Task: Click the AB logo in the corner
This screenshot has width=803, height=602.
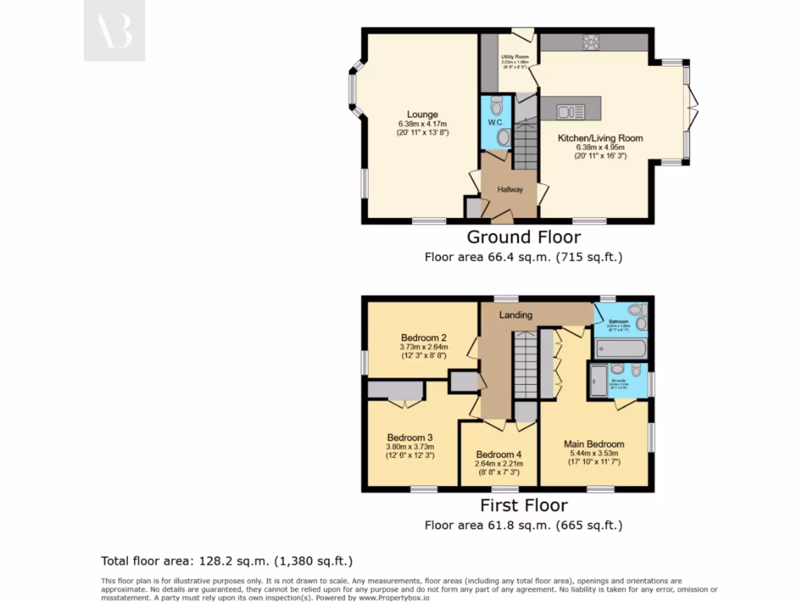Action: click(114, 31)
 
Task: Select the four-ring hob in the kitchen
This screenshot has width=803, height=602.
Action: click(591, 42)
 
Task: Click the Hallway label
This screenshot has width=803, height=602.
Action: click(510, 190)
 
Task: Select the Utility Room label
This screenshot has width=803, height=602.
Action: click(515, 56)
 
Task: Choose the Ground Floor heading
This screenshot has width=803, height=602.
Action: click(524, 237)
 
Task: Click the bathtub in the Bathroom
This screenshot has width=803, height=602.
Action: click(620, 347)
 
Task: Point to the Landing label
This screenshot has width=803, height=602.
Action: click(516, 315)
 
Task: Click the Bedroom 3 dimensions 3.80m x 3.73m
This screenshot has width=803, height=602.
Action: click(410, 447)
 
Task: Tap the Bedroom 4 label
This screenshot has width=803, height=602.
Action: click(498, 455)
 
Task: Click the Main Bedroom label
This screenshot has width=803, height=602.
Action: click(594, 444)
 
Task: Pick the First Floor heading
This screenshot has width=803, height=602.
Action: click(524, 506)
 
